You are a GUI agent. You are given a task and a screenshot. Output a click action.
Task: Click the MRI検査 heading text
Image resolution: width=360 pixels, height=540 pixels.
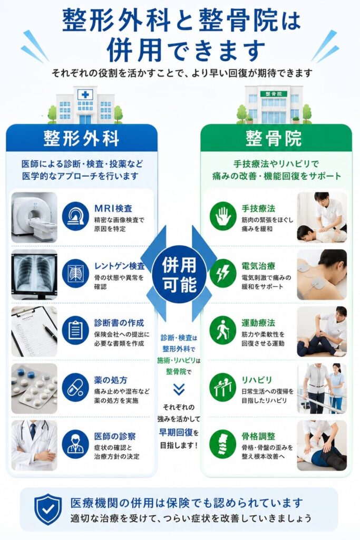[113, 208]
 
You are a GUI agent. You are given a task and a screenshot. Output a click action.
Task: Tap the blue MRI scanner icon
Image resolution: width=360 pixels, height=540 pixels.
[75, 216]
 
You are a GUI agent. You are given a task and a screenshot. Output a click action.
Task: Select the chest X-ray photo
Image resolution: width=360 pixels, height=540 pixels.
[34, 274]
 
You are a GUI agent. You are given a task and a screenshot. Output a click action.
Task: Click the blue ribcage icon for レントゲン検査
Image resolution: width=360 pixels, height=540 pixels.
[75, 274]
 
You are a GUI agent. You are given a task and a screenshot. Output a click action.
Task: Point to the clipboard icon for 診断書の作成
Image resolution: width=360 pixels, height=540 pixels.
[75, 330]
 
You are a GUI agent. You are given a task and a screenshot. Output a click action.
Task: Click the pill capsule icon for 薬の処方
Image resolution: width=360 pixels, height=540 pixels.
[75, 388]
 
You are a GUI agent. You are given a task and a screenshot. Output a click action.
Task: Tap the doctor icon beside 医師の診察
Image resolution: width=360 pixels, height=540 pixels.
[75, 443]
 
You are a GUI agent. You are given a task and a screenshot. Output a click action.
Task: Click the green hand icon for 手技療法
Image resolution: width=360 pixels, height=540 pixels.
[222, 216]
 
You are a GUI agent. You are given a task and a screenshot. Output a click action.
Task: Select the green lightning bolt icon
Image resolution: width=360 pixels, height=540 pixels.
[222, 273]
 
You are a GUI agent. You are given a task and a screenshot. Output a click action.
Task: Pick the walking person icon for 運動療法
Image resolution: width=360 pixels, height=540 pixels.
[222, 330]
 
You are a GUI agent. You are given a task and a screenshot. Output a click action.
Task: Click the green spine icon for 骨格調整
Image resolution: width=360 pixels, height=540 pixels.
[222, 443]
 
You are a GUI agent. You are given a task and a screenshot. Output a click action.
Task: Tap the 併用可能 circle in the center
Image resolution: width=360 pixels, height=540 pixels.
[179, 274]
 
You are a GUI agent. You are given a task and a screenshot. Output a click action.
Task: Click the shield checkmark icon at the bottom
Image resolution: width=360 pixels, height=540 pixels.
[48, 509]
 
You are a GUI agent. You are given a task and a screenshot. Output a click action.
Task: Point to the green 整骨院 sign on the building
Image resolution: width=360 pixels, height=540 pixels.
[274, 94]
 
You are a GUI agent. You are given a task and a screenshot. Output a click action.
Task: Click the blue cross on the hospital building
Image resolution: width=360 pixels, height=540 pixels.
[85, 94]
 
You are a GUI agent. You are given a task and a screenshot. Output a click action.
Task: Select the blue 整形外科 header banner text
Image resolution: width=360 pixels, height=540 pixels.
[82, 139]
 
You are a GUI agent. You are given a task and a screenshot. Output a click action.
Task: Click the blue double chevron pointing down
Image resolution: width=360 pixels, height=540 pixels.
[179, 389]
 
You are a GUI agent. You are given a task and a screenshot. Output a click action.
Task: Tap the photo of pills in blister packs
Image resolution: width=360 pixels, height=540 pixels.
[34, 389]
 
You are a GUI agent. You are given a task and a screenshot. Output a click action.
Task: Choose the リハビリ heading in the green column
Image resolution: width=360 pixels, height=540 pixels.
[257, 380]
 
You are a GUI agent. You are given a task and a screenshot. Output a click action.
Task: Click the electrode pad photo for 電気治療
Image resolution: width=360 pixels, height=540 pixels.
[322, 274]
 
